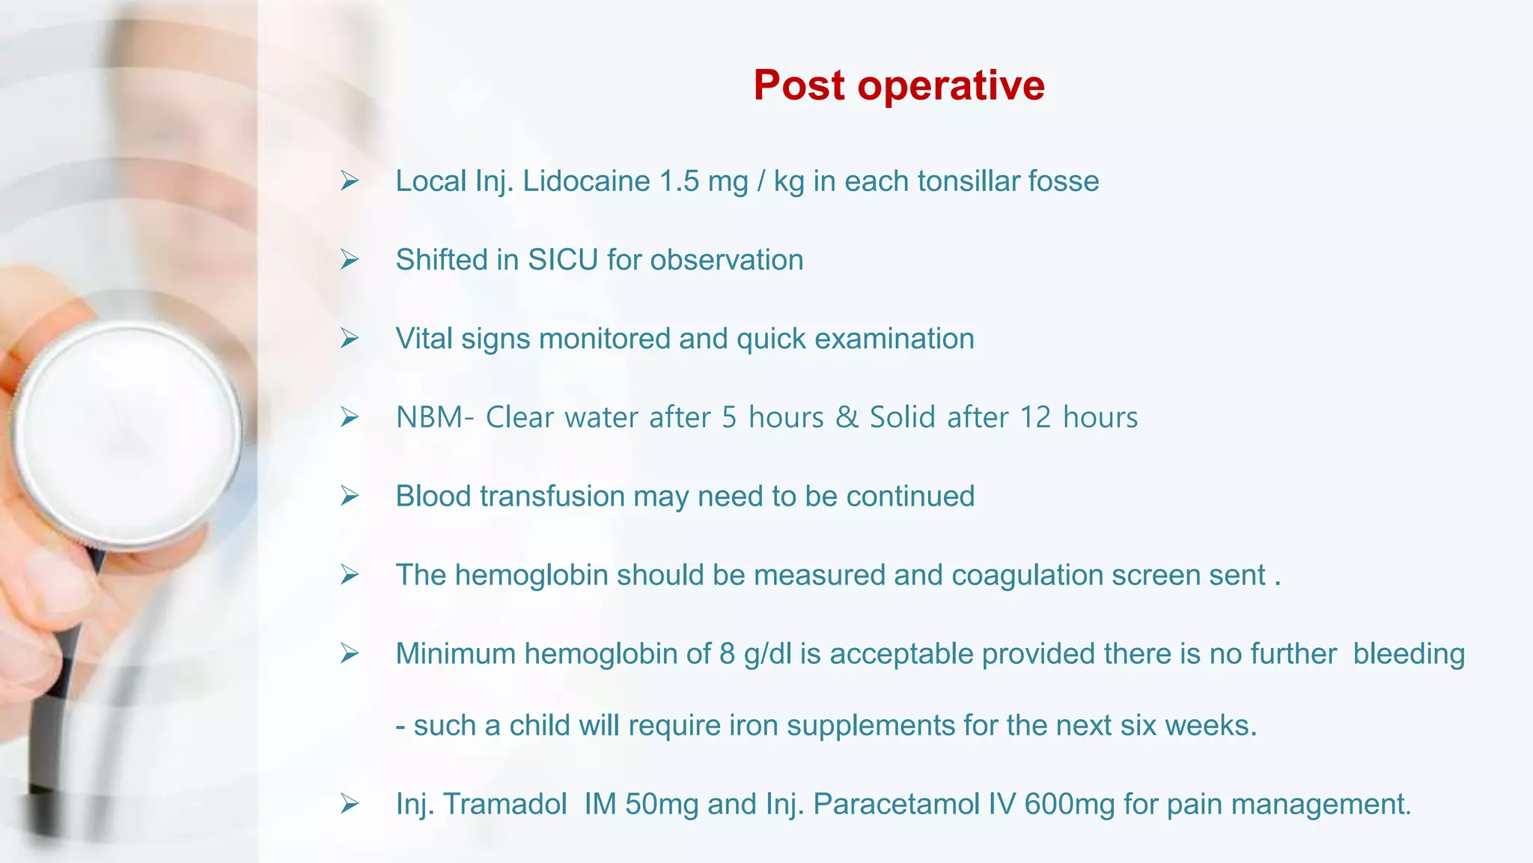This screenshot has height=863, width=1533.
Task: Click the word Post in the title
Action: [799, 85]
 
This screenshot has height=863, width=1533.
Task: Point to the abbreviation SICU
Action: [563, 260]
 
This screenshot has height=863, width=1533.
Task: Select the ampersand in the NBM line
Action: [847, 417]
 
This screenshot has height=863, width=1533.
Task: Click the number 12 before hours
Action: [1035, 417]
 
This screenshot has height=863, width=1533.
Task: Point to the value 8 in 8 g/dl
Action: [727, 654]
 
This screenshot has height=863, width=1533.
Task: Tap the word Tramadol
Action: [505, 804]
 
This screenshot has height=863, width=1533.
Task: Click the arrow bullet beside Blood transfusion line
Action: [350, 496]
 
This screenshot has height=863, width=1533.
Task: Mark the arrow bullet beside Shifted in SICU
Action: [350, 260]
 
